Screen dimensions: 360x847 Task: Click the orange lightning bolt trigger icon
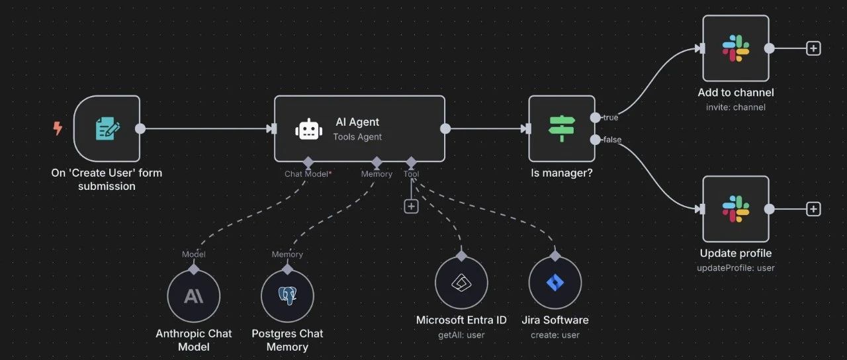[x=58, y=128]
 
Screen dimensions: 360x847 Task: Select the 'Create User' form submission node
[x=107, y=128]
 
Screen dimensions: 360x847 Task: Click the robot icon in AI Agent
[x=309, y=129]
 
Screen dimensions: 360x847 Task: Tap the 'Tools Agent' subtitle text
[x=357, y=137]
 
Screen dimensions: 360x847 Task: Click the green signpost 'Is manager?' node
[x=562, y=128]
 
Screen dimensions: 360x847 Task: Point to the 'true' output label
[x=610, y=117]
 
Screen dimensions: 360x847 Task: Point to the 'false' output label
[x=612, y=139]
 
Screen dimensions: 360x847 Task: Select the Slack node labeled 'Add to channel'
[x=735, y=48]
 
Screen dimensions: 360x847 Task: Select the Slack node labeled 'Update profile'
[x=735, y=209]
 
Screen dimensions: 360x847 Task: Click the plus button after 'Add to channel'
[x=813, y=48]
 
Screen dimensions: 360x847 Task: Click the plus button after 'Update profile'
[x=813, y=209]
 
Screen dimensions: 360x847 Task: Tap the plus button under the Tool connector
[x=411, y=206]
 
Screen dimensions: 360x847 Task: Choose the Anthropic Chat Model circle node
[x=193, y=296]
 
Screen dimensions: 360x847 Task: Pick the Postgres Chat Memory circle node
[x=287, y=296]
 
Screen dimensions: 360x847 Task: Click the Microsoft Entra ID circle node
[x=461, y=283]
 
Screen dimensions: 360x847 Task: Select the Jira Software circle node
[x=555, y=283]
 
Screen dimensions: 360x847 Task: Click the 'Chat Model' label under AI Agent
[x=308, y=174]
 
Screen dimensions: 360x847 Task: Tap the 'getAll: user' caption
[x=461, y=335]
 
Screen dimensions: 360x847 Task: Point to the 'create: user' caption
[x=555, y=335]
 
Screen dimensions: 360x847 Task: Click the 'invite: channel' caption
[x=735, y=107]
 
